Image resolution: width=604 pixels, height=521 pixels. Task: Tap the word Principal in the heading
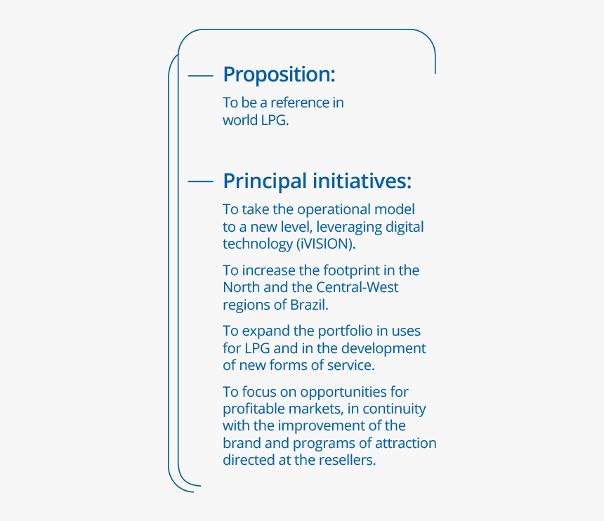point(265,181)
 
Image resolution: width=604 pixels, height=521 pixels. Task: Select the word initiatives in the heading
point(362,180)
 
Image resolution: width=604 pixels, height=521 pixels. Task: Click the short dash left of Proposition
point(200,76)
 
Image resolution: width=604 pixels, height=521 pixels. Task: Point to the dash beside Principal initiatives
point(200,181)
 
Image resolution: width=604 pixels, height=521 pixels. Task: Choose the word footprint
point(351,271)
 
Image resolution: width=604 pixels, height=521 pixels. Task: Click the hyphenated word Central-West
point(357,287)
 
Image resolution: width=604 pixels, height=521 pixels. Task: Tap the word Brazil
point(309,305)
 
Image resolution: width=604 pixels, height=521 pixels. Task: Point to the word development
point(383,348)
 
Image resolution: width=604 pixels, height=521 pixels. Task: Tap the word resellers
point(348,460)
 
